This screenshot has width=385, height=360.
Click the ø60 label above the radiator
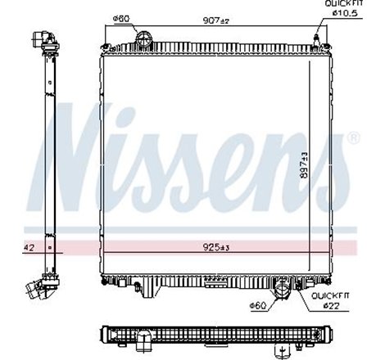pyautogui.click(x=120, y=22)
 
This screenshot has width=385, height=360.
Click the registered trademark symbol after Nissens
pyautogui.click(x=355, y=139)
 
